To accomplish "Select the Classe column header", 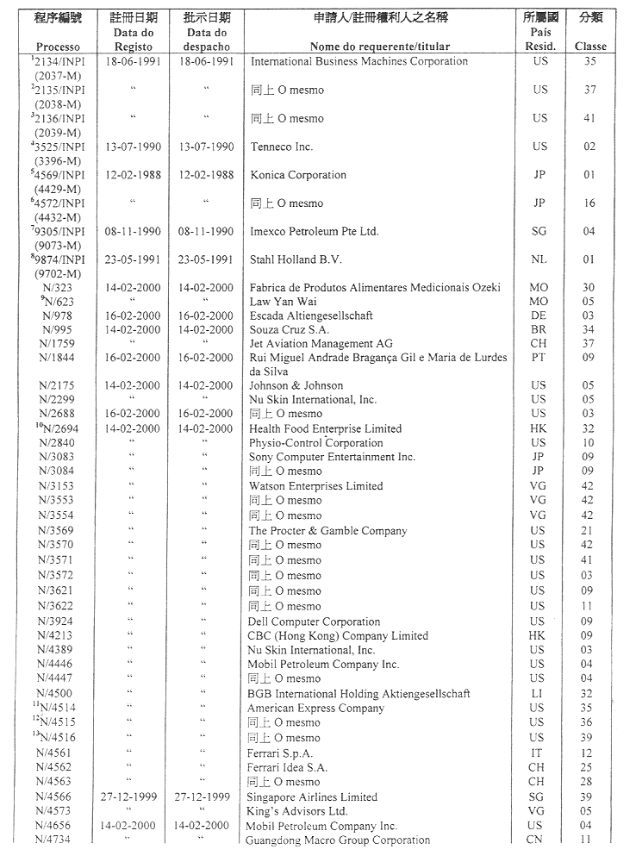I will tap(590, 47).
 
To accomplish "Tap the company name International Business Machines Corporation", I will tap(359, 62).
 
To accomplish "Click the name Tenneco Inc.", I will tap(281, 147).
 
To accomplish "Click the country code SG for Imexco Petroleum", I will tap(539, 231).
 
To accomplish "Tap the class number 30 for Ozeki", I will tap(589, 288).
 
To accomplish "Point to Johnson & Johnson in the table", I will tap(296, 386).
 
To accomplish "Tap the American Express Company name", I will tap(316, 709).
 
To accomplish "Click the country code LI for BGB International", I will tap(538, 693).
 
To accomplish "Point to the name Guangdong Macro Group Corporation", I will tap(338, 840).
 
